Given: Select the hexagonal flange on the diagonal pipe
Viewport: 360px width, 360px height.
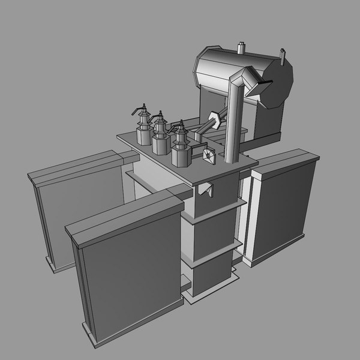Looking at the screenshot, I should pos(214,118).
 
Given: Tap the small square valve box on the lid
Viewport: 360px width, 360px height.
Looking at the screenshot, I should pos(208,155).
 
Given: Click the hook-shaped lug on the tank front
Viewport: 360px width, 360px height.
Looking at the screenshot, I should pos(206,190).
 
